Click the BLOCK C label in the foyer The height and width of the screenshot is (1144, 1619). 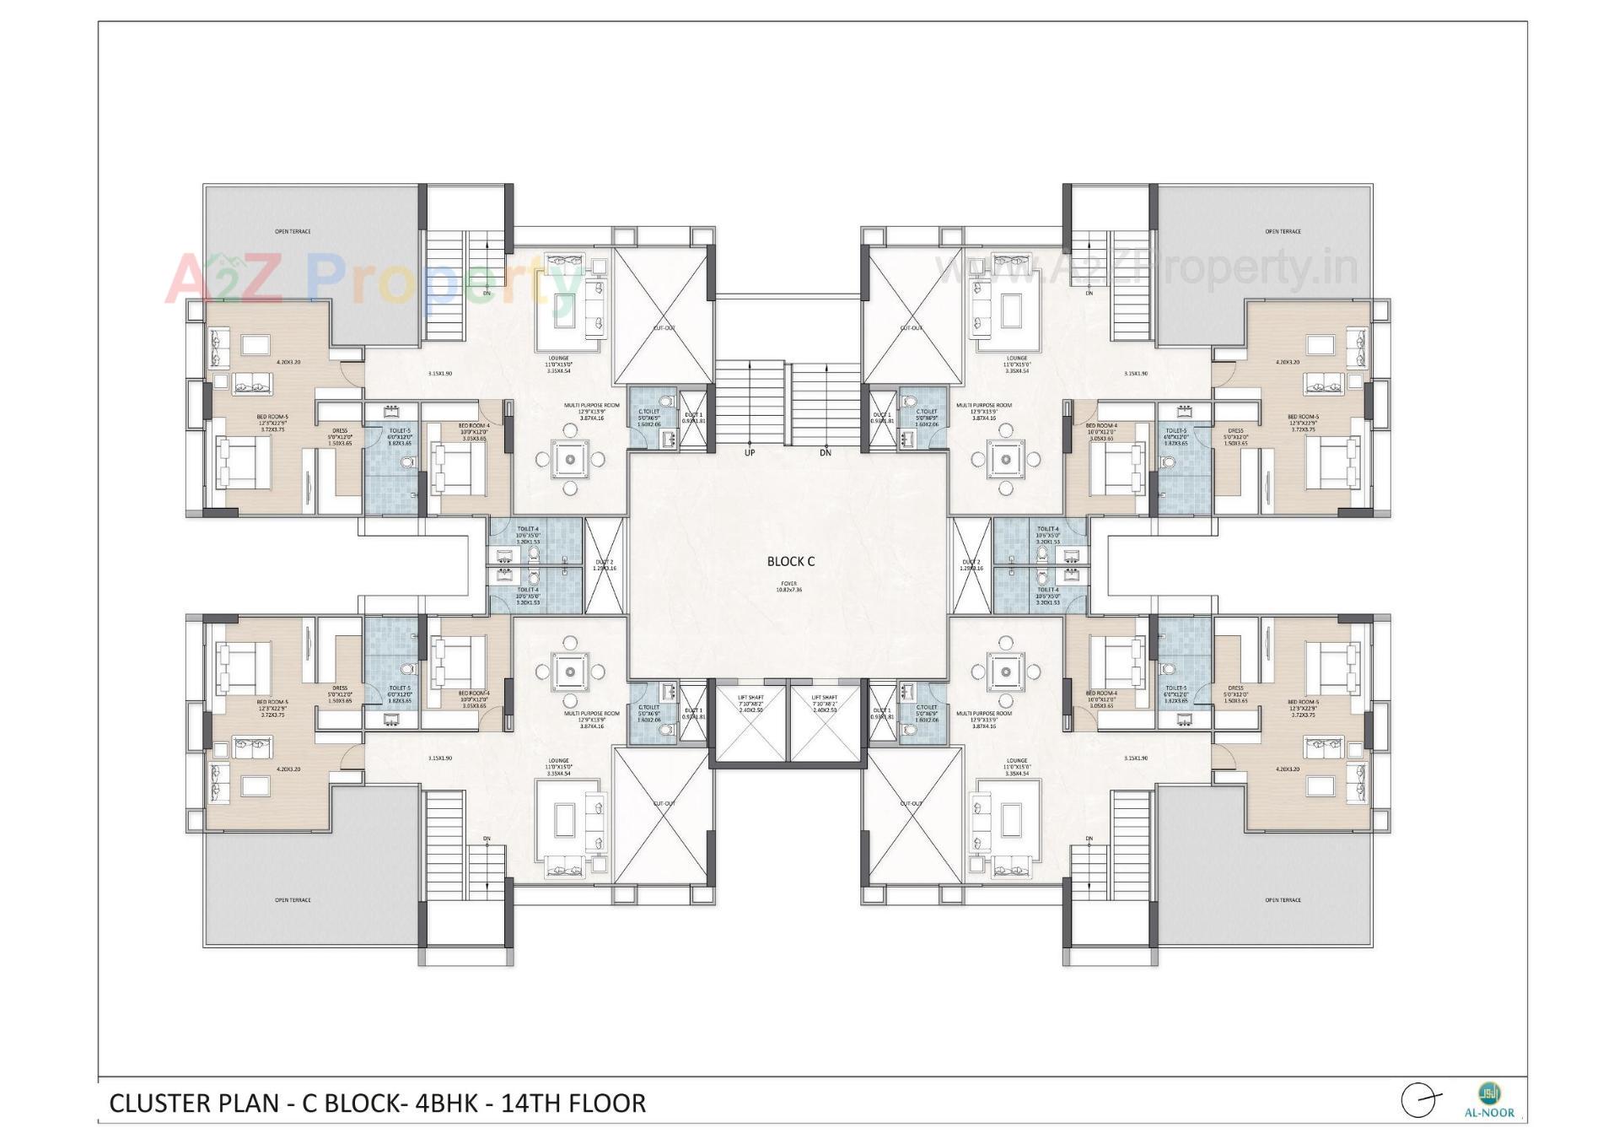click(790, 561)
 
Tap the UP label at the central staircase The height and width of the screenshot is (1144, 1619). click(750, 453)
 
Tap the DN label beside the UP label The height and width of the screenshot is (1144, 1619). click(826, 453)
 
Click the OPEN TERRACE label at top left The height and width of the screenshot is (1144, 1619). click(293, 231)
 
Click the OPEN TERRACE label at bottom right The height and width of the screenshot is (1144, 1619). click(1283, 900)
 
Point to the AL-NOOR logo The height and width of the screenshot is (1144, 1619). click(1489, 1100)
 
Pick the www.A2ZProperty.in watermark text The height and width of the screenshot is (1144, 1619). click(1147, 268)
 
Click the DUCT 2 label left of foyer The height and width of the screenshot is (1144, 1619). click(605, 564)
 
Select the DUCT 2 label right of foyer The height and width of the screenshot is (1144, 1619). click(971, 564)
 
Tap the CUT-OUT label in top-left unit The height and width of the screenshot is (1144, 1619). click(664, 328)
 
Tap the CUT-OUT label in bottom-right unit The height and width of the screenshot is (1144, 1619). click(911, 803)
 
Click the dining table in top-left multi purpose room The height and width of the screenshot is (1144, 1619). click(571, 460)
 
